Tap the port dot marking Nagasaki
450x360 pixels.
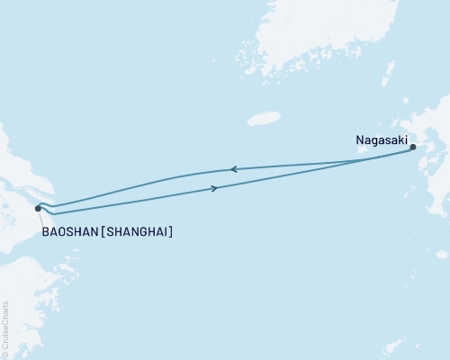pos(413,148)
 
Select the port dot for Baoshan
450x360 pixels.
pos(38,208)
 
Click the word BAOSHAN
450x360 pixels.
pos(70,232)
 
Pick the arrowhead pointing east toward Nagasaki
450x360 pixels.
pos(214,188)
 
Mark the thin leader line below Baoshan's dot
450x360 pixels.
pos(40,219)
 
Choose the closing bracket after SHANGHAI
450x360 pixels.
pos(170,232)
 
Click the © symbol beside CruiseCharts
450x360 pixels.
pos(5,354)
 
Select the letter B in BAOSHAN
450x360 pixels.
pos(45,232)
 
